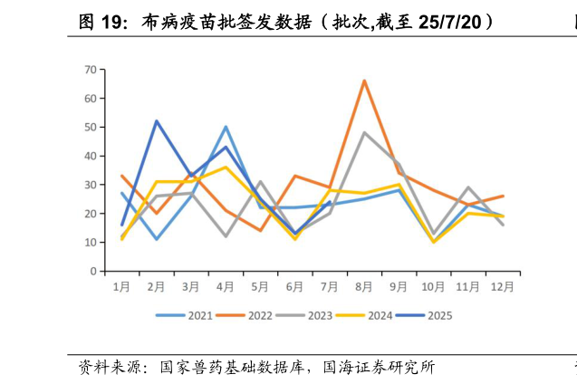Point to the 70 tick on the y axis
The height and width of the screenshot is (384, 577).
pos(91,69)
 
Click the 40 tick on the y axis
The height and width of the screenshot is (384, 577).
pos(91,156)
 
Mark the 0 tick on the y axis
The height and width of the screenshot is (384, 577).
pos(93,272)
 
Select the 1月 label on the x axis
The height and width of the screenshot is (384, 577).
pos(122,287)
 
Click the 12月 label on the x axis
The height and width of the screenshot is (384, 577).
pos(504,287)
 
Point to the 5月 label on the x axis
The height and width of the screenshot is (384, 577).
pos(261,287)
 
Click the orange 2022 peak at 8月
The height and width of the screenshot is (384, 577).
pos(364,81)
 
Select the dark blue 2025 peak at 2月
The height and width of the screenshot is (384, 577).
pos(157,120)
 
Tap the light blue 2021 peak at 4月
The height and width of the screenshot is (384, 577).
pos(226,127)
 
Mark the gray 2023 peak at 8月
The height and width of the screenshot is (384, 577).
pos(364,132)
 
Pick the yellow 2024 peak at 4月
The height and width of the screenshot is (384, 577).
pos(226,168)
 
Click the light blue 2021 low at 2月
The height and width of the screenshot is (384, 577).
pos(157,239)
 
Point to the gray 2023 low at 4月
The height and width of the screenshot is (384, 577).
pos(226,236)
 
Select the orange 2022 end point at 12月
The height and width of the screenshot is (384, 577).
pos(504,196)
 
